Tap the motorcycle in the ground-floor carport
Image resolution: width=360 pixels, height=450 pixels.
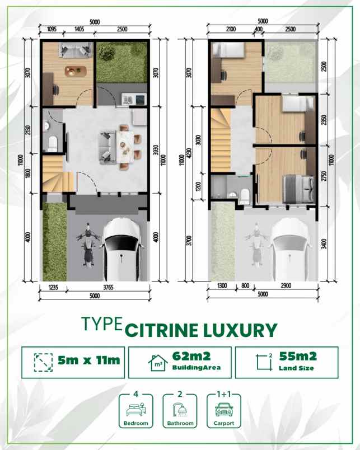(87, 246)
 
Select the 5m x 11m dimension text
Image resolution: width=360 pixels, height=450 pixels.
(89, 360)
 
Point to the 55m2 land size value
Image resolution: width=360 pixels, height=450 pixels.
(298, 355)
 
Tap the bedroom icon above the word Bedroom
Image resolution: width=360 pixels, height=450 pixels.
(137, 408)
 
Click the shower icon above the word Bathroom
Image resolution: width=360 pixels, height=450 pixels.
(180, 408)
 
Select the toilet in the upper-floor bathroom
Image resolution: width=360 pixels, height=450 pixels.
(244, 194)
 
